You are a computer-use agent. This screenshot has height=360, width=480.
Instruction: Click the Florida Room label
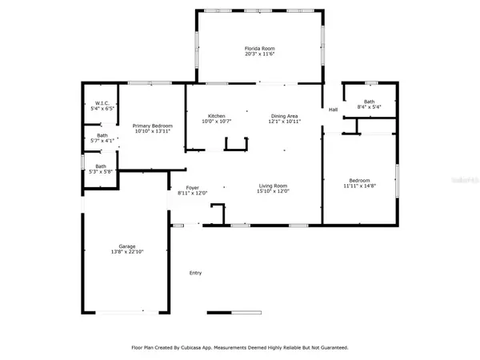260,49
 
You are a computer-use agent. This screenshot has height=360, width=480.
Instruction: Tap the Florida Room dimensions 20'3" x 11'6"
260,55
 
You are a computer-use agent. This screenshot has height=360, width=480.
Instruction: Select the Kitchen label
216,114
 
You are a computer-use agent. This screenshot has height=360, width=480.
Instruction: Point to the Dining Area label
284,114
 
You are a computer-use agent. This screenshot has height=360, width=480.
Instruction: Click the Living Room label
272,186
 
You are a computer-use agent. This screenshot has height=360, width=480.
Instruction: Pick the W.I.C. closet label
102,102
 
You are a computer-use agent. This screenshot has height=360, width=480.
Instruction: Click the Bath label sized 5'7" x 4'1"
102,135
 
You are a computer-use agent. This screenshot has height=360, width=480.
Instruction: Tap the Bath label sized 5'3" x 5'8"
102,166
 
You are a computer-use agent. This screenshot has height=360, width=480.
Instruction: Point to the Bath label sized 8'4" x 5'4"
369,101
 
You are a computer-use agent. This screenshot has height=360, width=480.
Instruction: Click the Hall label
332,110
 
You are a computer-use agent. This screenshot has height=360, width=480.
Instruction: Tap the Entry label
195,273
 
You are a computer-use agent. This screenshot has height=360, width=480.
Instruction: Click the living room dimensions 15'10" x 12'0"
272,192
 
